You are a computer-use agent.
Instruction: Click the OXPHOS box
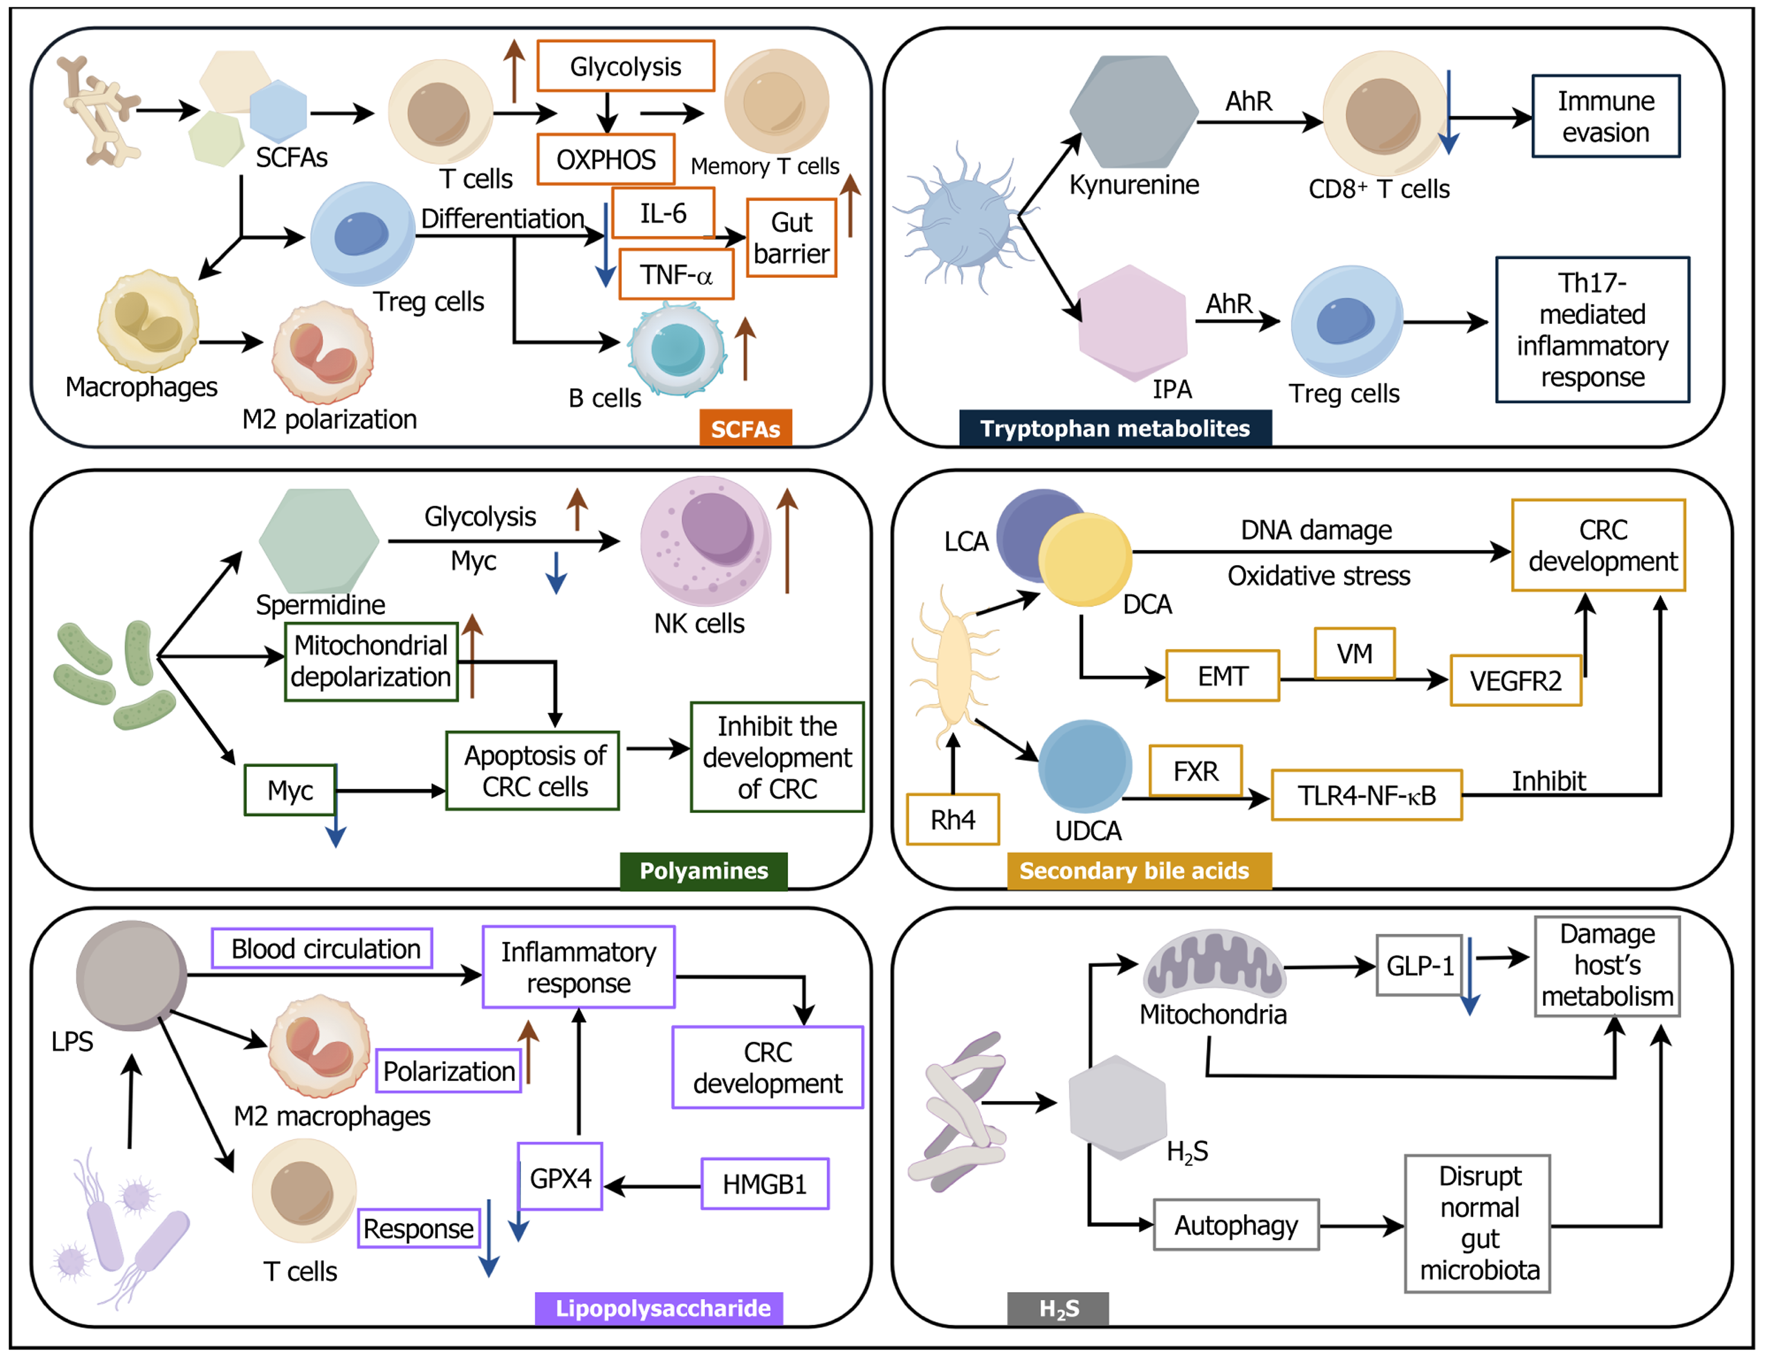point(606,160)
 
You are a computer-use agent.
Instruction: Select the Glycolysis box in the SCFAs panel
point(625,66)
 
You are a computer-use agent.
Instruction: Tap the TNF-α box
point(676,275)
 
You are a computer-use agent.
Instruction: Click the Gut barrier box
point(791,238)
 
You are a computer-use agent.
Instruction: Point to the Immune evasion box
point(1605,116)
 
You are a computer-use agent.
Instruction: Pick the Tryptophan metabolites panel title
point(1114,429)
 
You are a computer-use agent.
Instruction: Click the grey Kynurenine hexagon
point(1133,112)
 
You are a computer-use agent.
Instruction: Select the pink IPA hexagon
point(1132,323)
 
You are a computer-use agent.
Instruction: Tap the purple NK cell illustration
point(705,540)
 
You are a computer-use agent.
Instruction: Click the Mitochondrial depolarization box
point(371,661)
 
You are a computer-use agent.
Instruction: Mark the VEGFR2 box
point(1515,681)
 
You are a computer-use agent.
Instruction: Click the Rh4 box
point(952,820)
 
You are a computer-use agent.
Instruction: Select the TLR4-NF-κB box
point(1366,795)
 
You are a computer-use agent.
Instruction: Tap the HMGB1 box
point(764,1184)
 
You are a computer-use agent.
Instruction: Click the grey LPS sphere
point(132,976)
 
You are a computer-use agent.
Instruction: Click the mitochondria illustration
point(1214,964)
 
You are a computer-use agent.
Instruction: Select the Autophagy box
point(1235,1225)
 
